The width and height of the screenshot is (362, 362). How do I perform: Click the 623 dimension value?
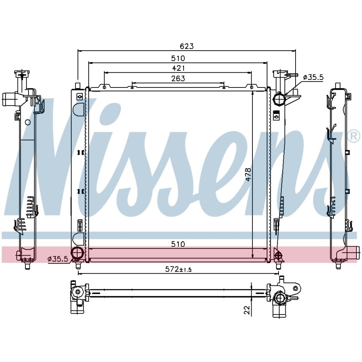187,46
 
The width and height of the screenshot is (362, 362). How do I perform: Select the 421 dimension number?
178,68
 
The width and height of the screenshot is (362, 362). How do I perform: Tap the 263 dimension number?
178,78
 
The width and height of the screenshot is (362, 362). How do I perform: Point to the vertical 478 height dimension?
248,174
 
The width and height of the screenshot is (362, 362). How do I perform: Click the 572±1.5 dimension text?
178,269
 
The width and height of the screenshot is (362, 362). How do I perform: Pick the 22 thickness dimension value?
246,310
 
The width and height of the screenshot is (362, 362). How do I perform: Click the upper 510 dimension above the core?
178,58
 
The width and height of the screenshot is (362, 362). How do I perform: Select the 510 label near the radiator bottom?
178,244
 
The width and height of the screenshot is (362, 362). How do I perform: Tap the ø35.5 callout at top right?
313,77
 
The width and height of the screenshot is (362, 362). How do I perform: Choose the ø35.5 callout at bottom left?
58,259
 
